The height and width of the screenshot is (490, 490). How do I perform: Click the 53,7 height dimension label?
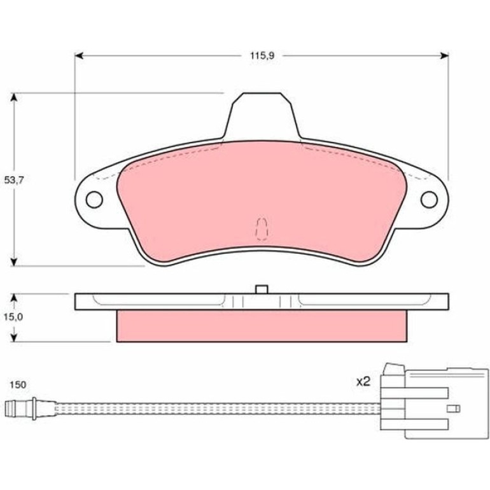[14, 180]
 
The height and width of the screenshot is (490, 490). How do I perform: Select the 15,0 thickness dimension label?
[14, 317]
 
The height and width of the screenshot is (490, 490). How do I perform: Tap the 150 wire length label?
[18, 384]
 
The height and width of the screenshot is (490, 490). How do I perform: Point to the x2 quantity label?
[363, 381]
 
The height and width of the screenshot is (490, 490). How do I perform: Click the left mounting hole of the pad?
[94, 199]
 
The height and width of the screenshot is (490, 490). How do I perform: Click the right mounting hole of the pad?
[429, 199]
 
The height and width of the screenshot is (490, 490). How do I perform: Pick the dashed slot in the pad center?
[262, 228]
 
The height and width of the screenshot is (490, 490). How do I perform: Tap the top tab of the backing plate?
[262, 116]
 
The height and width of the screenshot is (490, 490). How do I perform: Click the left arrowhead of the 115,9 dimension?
[79, 56]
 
